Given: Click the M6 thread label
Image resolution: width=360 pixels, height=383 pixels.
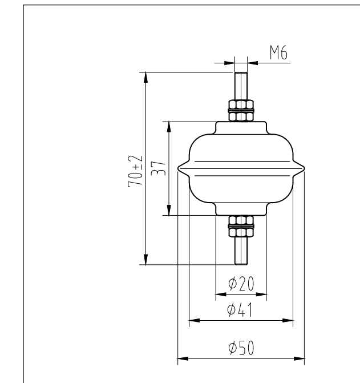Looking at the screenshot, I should pyautogui.click(x=278, y=54).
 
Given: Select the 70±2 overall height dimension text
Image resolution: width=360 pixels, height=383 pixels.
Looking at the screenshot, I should pyautogui.click(x=135, y=171).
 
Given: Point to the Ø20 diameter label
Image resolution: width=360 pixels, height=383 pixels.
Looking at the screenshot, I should pyautogui.click(x=240, y=284).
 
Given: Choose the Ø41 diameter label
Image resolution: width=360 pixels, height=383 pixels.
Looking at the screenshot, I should pyautogui.click(x=240, y=310).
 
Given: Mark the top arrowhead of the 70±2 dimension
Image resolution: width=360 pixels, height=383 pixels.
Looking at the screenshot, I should pyautogui.click(x=146, y=76).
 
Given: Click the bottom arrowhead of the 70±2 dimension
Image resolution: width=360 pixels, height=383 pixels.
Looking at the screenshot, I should pyautogui.click(x=146, y=260).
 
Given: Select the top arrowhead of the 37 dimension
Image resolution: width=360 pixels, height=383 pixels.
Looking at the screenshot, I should pyautogui.click(x=169, y=126).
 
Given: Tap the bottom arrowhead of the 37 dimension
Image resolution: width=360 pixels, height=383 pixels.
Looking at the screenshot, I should pyautogui.click(x=169, y=211).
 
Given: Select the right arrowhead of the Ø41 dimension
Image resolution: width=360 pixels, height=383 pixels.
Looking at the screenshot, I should pyautogui.click(x=288, y=321).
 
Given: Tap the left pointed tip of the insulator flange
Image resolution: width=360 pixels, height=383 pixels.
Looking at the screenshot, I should pyautogui.click(x=178, y=168).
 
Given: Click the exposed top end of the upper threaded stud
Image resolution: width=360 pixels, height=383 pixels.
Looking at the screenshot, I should pyautogui.click(x=241, y=73).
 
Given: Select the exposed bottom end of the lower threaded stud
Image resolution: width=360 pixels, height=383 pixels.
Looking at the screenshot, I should pyautogui.click(x=241, y=263).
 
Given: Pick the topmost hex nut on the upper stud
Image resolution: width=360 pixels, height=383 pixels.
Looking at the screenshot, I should pyautogui.click(x=241, y=104).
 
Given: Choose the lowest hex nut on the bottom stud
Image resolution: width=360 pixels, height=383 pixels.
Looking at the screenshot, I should pyautogui.click(x=241, y=232).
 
